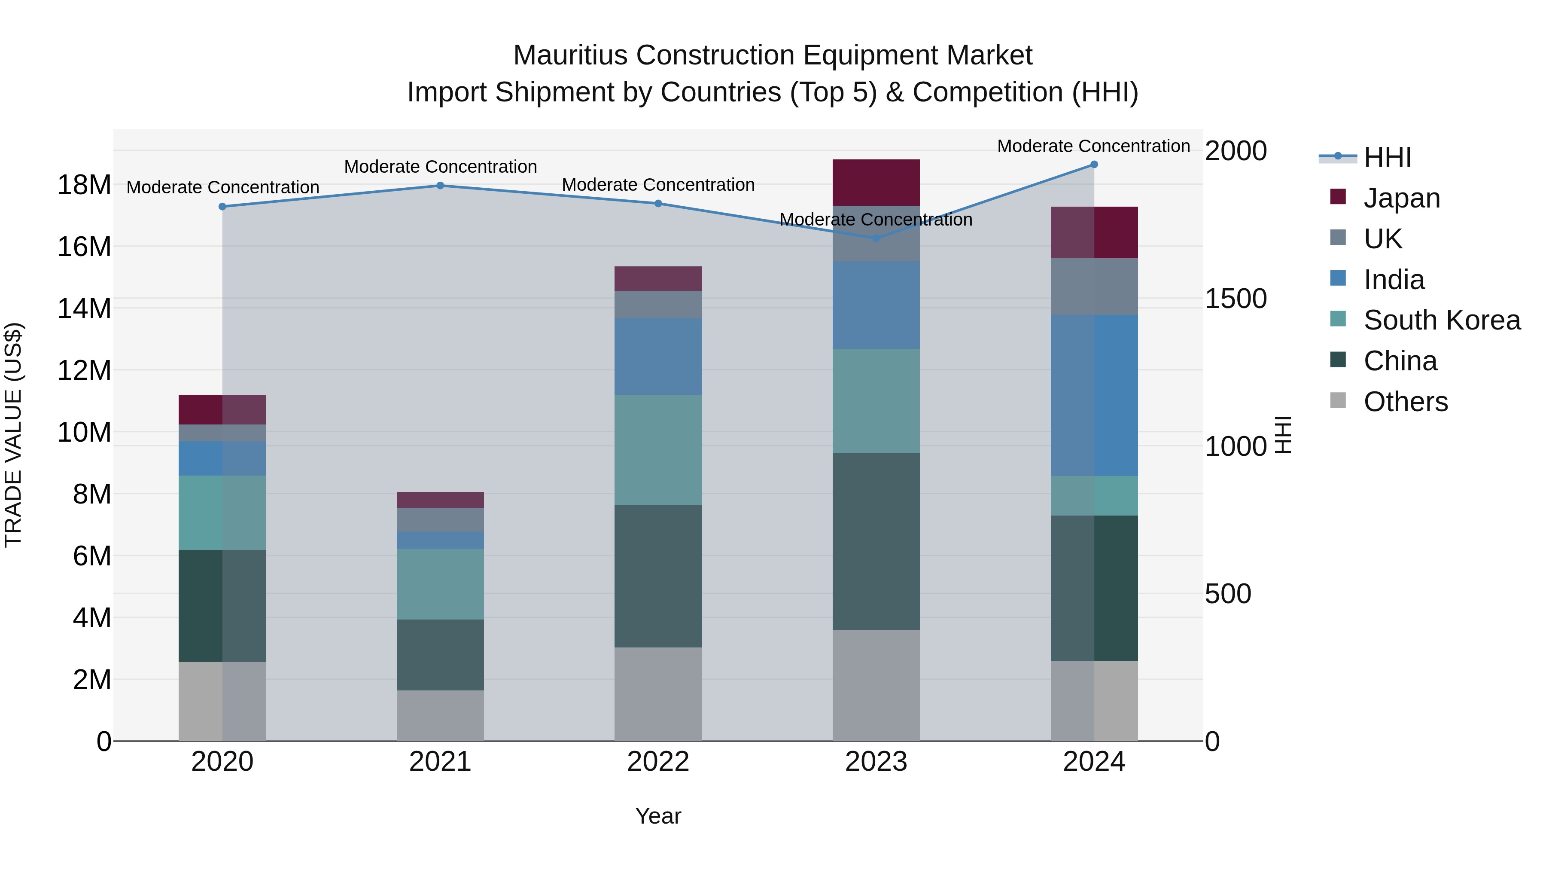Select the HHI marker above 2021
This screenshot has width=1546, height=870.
440,186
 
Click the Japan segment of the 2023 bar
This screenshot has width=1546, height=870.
876,183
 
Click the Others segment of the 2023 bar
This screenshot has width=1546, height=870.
876,685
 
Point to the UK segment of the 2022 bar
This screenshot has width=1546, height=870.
658,305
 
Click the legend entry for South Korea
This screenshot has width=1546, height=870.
1442,320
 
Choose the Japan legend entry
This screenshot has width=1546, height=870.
1401,198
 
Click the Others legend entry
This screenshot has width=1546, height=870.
1405,402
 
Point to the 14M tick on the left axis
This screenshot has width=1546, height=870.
84,308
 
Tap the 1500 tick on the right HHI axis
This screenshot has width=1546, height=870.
1235,299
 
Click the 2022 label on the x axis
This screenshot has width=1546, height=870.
658,762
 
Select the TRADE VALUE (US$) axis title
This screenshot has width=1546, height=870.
13,435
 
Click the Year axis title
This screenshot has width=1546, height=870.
658,816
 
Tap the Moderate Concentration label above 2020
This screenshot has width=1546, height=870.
222,187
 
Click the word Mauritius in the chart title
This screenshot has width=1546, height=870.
571,55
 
